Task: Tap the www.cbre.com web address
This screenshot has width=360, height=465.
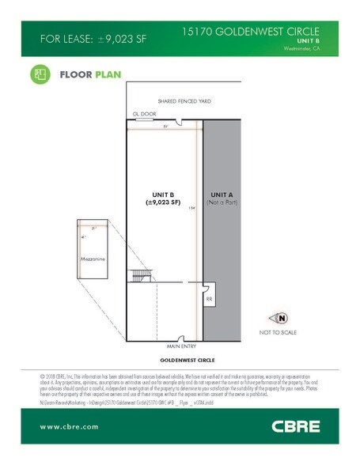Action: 69,427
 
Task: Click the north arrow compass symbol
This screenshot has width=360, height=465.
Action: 282,318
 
